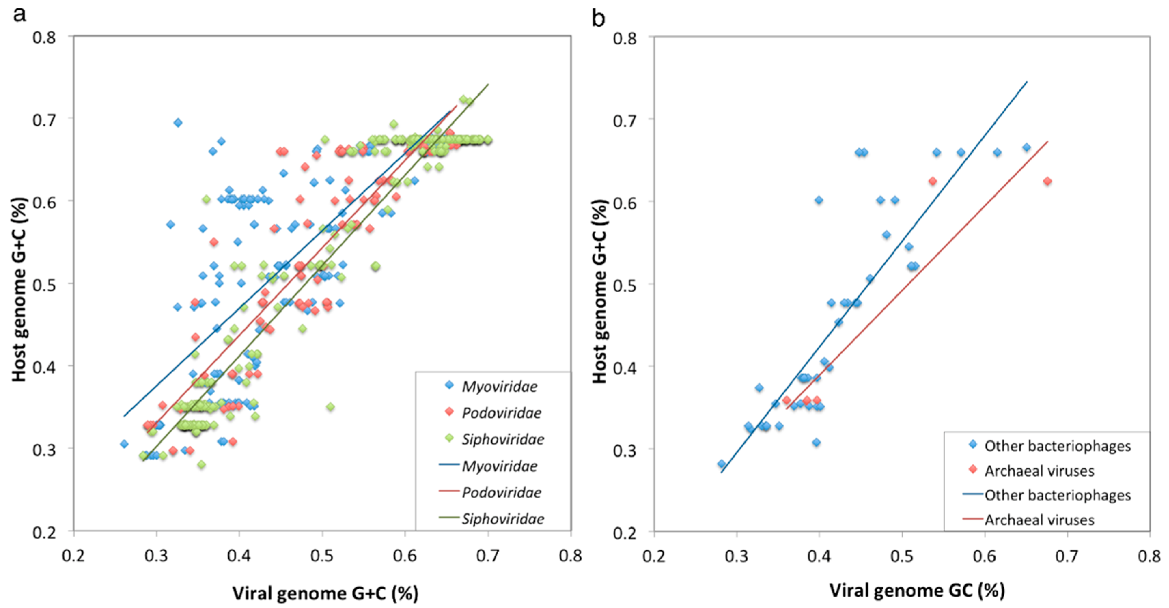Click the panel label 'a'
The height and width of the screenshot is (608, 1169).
coord(19,15)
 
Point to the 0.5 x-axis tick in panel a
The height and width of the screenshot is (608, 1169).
coord(322,555)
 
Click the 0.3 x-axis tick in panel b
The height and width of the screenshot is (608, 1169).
coord(737,555)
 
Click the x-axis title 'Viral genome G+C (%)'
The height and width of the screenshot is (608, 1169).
coord(325,593)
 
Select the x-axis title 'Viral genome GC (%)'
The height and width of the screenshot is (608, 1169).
coord(917,590)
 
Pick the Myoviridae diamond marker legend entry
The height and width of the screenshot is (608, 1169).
coord(449,386)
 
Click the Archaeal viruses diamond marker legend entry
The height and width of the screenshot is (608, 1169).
coord(973,470)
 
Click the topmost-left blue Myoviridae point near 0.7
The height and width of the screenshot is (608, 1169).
coord(178,122)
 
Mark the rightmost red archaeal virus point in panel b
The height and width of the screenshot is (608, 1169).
coord(1047,182)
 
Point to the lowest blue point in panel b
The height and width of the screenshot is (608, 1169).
coord(722,463)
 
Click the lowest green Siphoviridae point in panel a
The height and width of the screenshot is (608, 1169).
coord(201,464)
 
